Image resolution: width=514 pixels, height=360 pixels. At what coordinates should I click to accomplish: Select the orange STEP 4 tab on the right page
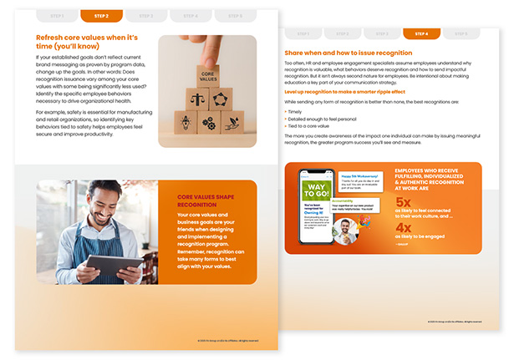[x=421, y=34]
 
